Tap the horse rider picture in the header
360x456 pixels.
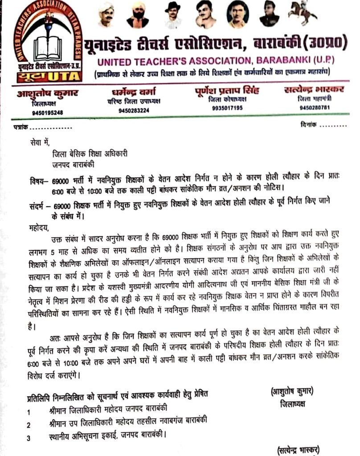[x=303, y=13]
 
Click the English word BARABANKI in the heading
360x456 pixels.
[x=286, y=60]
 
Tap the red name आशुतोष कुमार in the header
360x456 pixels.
[x=48, y=94]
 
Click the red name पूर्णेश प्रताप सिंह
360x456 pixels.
[x=227, y=90]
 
